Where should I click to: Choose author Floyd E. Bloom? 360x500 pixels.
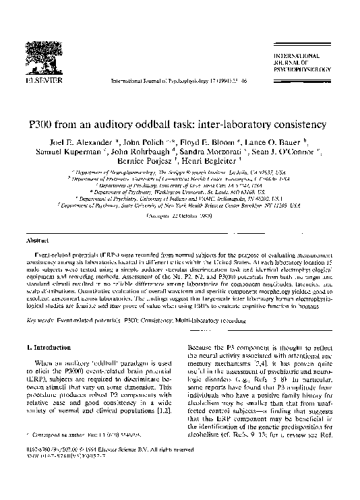coord(198,143)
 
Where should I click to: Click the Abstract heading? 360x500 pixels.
coord(37,240)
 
